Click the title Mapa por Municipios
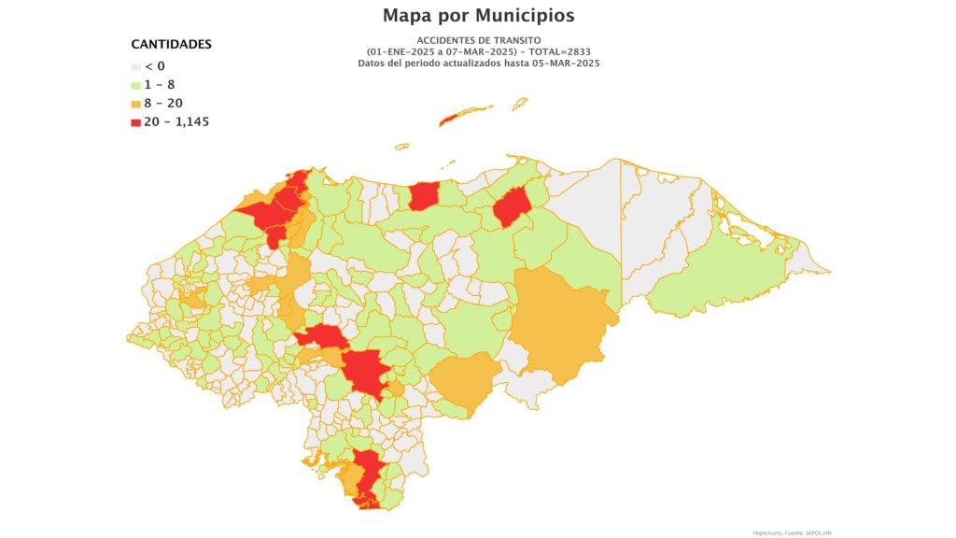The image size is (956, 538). (478, 16)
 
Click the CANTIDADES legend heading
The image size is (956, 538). (171, 44)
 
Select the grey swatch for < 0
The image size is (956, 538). (135, 67)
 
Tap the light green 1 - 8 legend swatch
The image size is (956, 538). (135, 85)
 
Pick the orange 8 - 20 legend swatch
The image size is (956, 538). (135, 104)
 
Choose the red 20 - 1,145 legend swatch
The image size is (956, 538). (135, 121)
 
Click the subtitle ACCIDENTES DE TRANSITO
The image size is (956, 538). (477, 40)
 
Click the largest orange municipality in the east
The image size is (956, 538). (560, 322)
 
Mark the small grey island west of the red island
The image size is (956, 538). (401, 146)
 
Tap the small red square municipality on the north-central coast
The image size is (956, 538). (424, 197)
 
